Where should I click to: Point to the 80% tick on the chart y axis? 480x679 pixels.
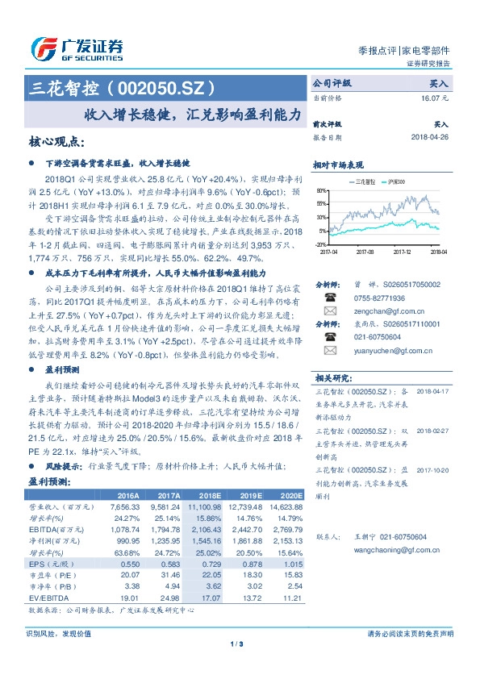pos(321,191)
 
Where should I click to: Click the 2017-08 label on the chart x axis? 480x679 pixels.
pos(366,251)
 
